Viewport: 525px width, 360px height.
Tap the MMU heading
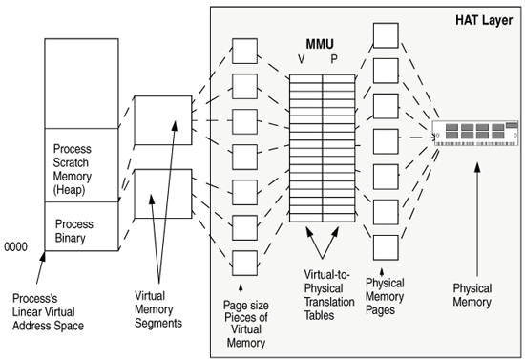point(320,44)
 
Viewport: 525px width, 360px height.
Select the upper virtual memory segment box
point(156,120)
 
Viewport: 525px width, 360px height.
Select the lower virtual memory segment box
point(156,194)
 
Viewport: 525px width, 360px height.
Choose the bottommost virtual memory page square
point(244,262)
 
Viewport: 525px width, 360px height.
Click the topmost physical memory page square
point(385,35)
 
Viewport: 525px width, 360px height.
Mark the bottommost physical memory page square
point(385,246)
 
